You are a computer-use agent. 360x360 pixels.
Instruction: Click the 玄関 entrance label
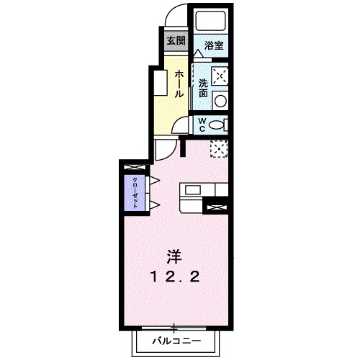[x=176, y=40]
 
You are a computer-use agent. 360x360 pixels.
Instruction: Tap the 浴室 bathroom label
[x=214, y=45]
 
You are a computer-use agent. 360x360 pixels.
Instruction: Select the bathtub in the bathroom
[x=211, y=21]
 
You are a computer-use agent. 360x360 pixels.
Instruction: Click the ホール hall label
[x=179, y=84]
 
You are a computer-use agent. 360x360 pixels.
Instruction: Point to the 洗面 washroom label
[x=203, y=89]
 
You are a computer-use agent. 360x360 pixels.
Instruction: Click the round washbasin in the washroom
[x=220, y=101]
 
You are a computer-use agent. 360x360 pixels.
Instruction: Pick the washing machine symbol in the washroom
[x=220, y=76]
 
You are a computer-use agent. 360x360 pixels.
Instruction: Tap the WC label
[x=202, y=125]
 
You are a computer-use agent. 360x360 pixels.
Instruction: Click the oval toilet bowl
[x=215, y=125]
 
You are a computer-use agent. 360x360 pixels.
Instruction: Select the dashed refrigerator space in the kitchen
[x=219, y=149]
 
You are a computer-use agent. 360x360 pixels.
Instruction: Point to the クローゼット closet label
[x=135, y=193]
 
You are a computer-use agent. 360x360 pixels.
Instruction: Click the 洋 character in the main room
[x=174, y=256]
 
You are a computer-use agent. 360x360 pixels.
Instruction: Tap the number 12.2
[x=175, y=277]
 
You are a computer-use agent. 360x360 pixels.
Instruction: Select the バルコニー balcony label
[x=176, y=341]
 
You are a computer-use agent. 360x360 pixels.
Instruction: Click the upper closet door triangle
[x=155, y=181]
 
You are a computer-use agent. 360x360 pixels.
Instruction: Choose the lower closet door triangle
[x=155, y=205]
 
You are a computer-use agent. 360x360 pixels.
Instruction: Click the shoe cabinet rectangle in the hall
[x=161, y=83]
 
